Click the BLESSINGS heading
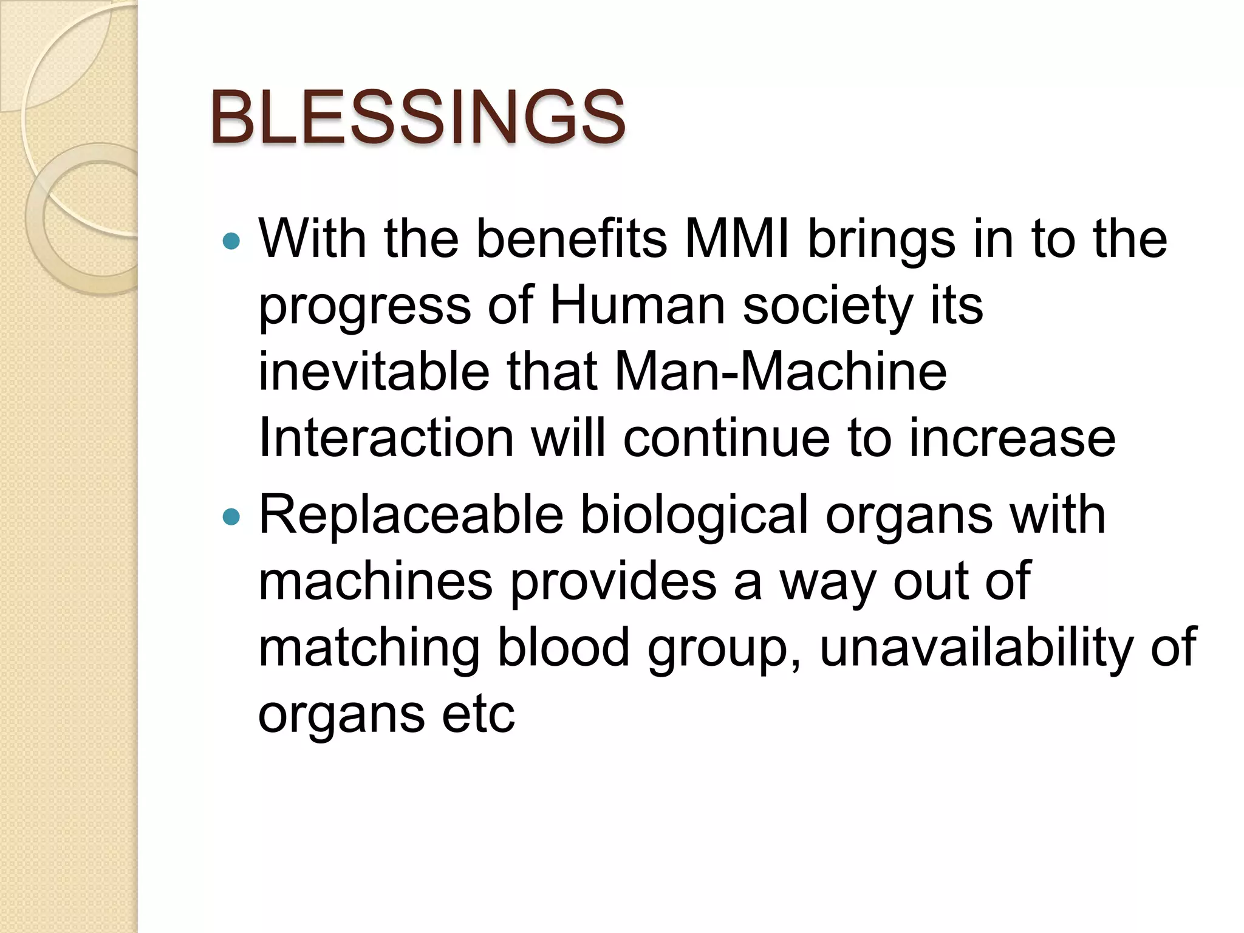pyautogui.click(x=418, y=117)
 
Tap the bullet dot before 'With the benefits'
pyautogui.click(x=231, y=242)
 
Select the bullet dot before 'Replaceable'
pyautogui.click(x=231, y=517)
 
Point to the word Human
pyautogui.click(x=637, y=305)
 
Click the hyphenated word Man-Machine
pyautogui.click(x=781, y=371)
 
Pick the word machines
pyautogui.click(x=375, y=581)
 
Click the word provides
pyautogui.click(x=613, y=582)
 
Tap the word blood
pyautogui.click(x=564, y=647)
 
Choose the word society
pyautogui.click(x=828, y=306)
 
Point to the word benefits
pyautogui.click(x=572, y=239)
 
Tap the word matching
pyautogui.click(x=369, y=648)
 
